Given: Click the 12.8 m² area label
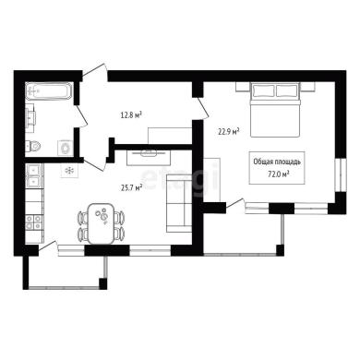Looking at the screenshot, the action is [x=131, y=115].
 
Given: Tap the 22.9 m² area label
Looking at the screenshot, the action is [x=229, y=132].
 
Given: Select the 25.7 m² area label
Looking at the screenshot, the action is [x=131, y=187].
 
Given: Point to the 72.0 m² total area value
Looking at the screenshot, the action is [x=279, y=174].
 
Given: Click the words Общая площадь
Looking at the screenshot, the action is [x=277, y=162].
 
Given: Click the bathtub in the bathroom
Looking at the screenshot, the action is [x=49, y=90].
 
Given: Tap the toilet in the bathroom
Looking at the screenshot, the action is [x=33, y=146].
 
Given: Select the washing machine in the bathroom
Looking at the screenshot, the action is [x=66, y=149].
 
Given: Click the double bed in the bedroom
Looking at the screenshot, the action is [x=275, y=110].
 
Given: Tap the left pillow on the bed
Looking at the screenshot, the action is [x=263, y=90].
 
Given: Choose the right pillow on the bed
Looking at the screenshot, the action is [x=287, y=90].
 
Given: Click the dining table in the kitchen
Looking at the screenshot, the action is [x=101, y=223].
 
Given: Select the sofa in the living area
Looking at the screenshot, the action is [x=179, y=203].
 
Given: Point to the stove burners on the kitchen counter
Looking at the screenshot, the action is [x=33, y=222].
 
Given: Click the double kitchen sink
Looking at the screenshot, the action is [x=32, y=176].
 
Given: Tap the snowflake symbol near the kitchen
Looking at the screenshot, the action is [x=69, y=171].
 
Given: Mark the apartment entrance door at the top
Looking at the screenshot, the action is [x=95, y=72].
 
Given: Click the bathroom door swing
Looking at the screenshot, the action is [x=82, y=116].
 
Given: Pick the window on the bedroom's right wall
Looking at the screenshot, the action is [x=341, y=174].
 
